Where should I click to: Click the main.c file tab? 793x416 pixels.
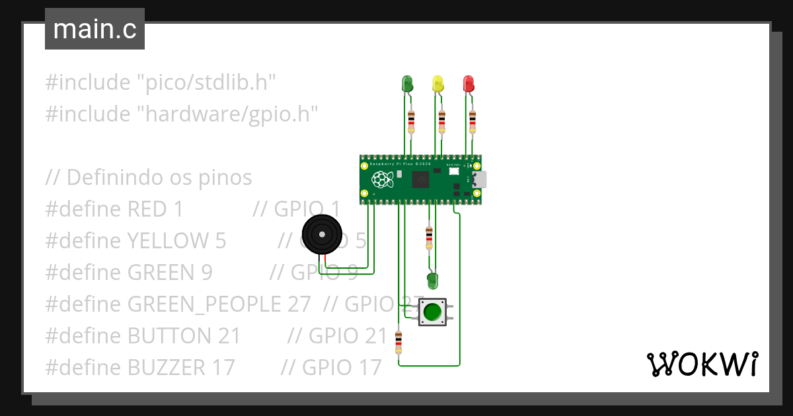(x=94, y=30)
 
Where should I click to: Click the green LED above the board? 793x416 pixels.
(x=407, y=83)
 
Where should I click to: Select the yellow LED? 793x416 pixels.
(x=437, y=83)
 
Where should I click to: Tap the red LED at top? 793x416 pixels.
(x=469, y=83)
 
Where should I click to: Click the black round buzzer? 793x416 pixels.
(x=322, y=234)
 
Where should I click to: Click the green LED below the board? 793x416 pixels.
(x=432, y=281)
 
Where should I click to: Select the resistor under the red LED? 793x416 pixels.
(x=472, y=121)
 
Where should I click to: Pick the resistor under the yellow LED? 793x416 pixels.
(x=441, y=121)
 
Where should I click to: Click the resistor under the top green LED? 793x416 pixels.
(x=411, y=121)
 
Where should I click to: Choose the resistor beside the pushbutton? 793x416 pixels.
(x=398, y=343)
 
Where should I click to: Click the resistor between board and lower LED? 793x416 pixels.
(x=429, y=236)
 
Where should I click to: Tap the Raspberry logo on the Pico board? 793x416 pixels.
(x=382, y=179)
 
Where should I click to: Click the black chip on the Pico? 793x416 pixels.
(x=421, y=180)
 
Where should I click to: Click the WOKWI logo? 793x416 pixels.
(x=702, y=364)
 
